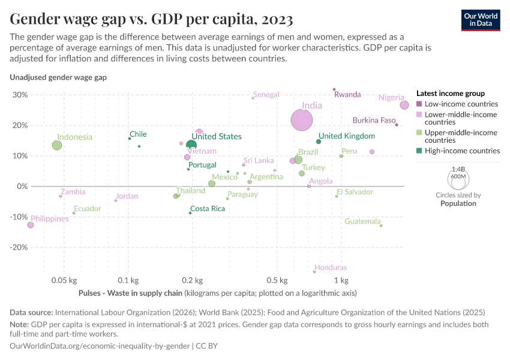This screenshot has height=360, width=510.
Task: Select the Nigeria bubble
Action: pyautogui.click(x=404, y=105)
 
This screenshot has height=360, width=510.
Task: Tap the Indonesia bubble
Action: pyautogui.click(x=57, y=145)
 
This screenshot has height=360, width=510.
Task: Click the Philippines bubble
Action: pyautogui.click(x=31, y=225)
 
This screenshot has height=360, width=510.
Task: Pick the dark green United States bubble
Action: pyautogui.click(x=191, y=145)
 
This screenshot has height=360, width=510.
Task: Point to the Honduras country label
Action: pyautogui.click(x=331, y=268)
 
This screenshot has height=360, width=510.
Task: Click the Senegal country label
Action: pyautogui.click(x=266, y=95)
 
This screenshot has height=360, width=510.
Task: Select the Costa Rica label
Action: pyautogui.click(x=207, y=209)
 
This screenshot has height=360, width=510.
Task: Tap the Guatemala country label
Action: pyautogui.click(x=362, y=221)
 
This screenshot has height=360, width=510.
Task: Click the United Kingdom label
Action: pyautogui.click(x=346, y=136)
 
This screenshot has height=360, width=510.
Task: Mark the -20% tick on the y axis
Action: pyautogui.click(x=19, y=247)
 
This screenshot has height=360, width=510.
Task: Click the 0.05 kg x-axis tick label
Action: pyautogui.click(x=64, y=281)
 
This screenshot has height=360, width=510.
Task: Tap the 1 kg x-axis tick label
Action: pyautogui.click(x=341, y=281)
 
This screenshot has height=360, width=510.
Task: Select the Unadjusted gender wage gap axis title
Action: pyautogui.click(x=58, y=77)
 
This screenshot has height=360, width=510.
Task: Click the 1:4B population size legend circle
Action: pyautogui.click(x=459, y=178)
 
